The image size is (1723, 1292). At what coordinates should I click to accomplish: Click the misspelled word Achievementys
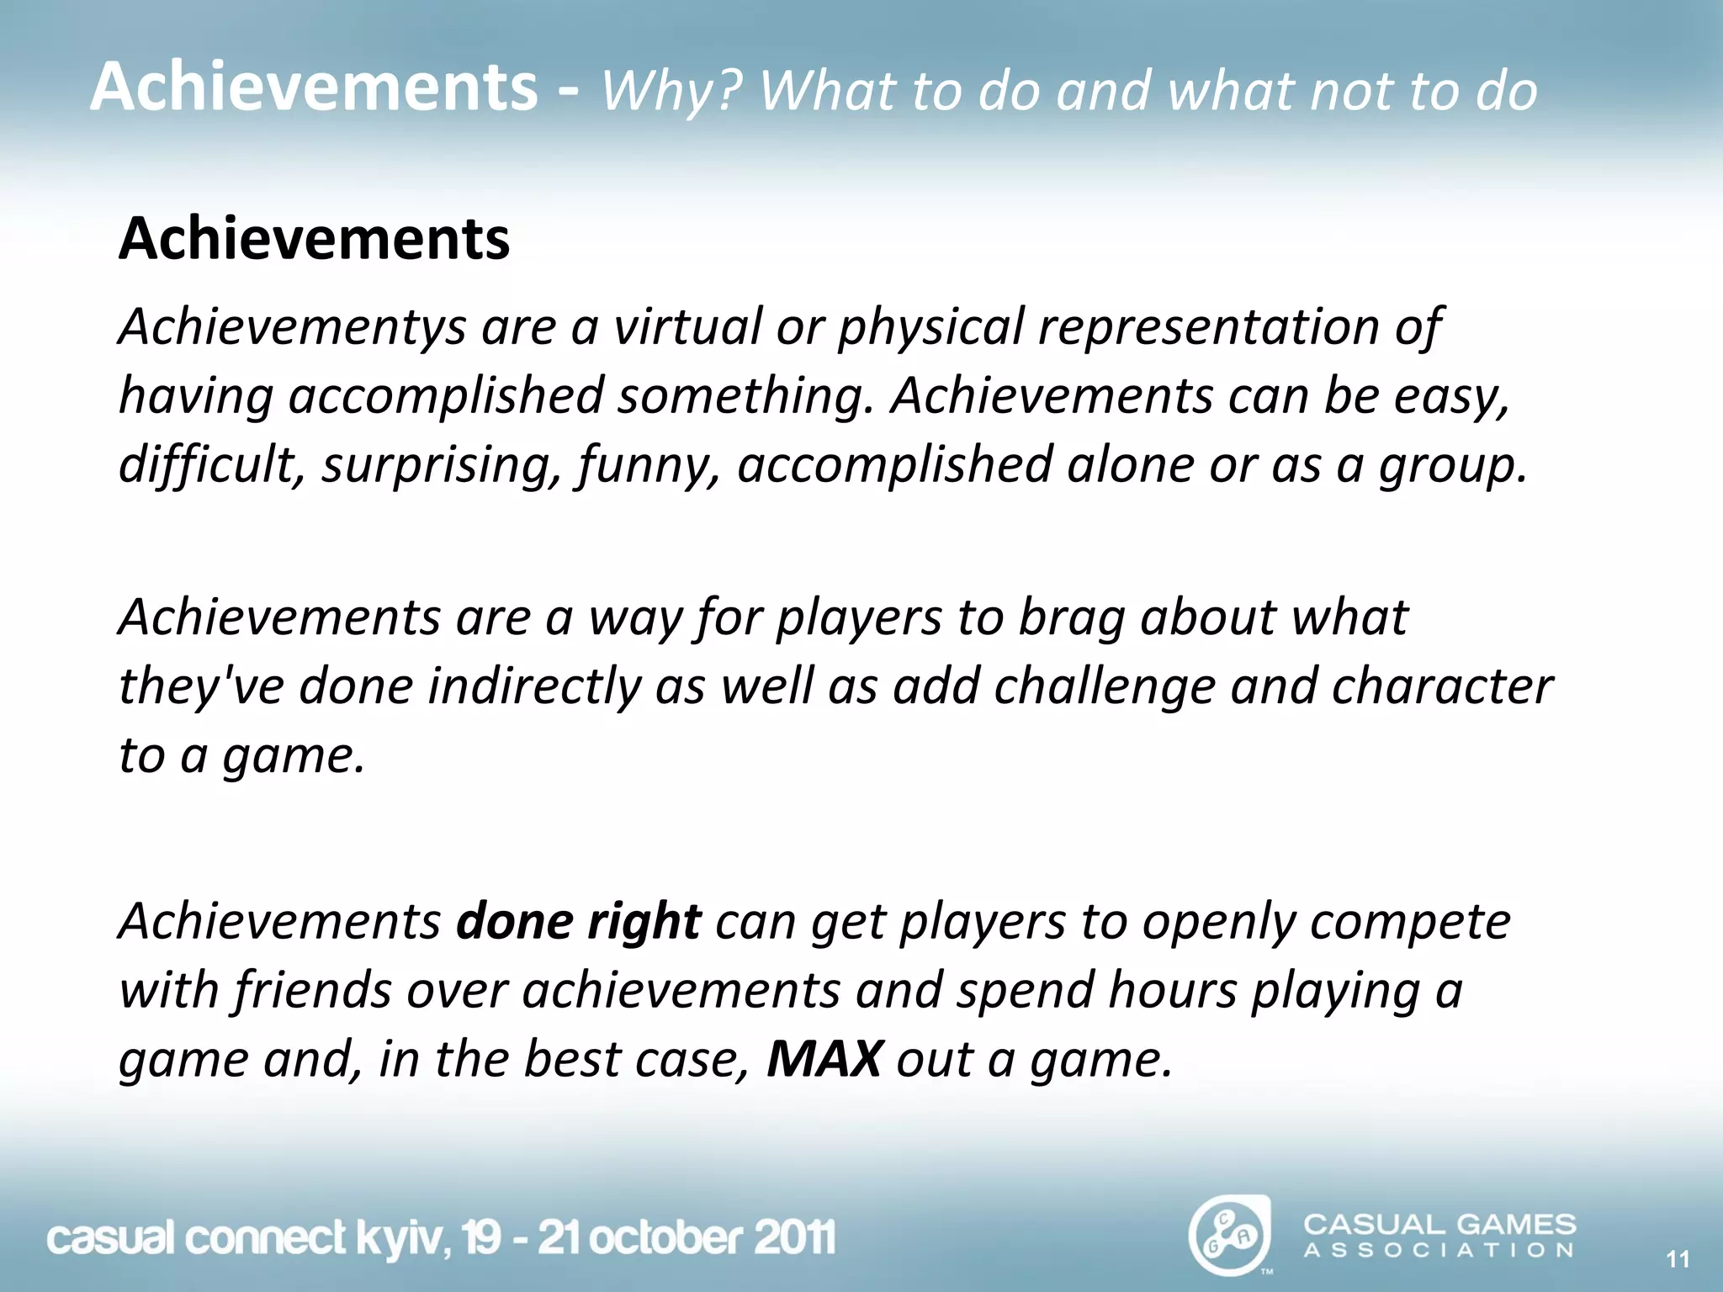pos(291,328)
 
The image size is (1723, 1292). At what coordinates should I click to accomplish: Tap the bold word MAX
pos(824,1059)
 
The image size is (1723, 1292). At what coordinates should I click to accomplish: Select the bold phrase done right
pos(578,922)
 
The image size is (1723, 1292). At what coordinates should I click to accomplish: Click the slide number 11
pos(1678,1259)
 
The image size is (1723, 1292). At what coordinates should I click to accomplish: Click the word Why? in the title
pos(669,91)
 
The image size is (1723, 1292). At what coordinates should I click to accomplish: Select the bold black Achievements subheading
pos(314,239)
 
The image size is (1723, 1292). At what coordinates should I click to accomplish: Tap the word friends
pos(313,990)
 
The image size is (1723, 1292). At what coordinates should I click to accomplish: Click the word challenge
pos(1105,686)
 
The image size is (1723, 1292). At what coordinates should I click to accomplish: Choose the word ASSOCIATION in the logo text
pos(1439,1251)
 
